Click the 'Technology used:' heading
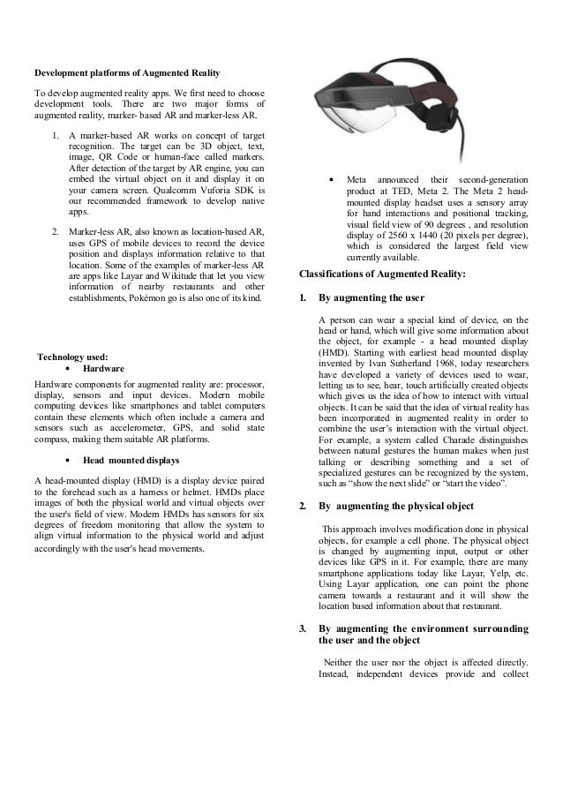71,357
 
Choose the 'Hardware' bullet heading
103,368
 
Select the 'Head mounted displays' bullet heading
131,460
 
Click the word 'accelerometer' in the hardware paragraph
123,426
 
